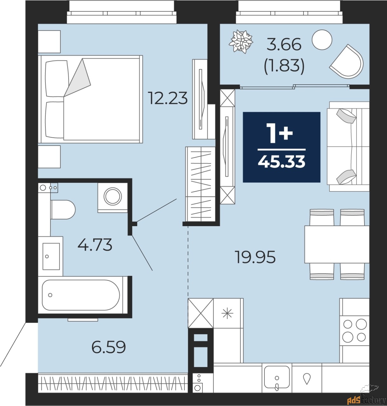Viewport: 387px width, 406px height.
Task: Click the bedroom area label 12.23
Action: click(x=168, y=98)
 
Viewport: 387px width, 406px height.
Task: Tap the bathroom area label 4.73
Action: click(x=95, y=245)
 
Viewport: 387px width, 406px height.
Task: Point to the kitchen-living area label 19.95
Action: click(x=256, y=257)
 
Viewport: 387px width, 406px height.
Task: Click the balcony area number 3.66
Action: click(x=284, y=45)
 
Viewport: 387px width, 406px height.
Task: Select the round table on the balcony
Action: click(x=322, y=40)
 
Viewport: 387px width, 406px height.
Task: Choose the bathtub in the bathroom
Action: click(x=81, y=295)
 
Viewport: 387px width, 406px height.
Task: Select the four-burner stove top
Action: click(x=354, y=333)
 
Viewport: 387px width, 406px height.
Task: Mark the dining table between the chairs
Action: click(x=337, y=244)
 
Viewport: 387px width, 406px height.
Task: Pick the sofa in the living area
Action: click(x=348, y=147)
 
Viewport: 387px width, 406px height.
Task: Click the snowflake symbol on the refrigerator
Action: click(x=227, y=314)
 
